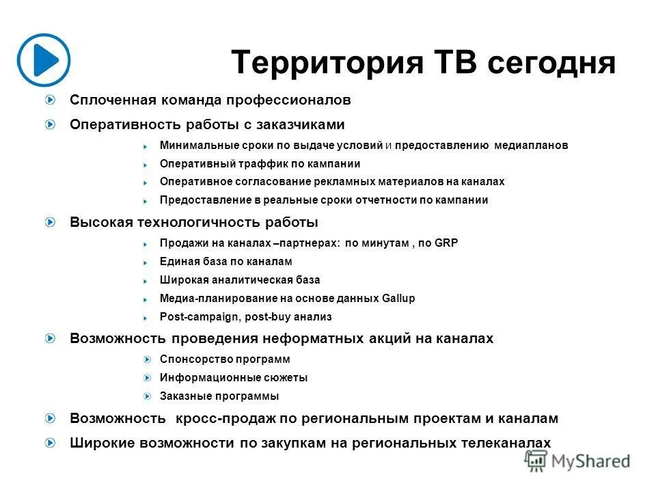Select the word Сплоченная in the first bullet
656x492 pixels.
point(113,100)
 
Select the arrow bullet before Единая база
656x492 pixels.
point(146,262)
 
